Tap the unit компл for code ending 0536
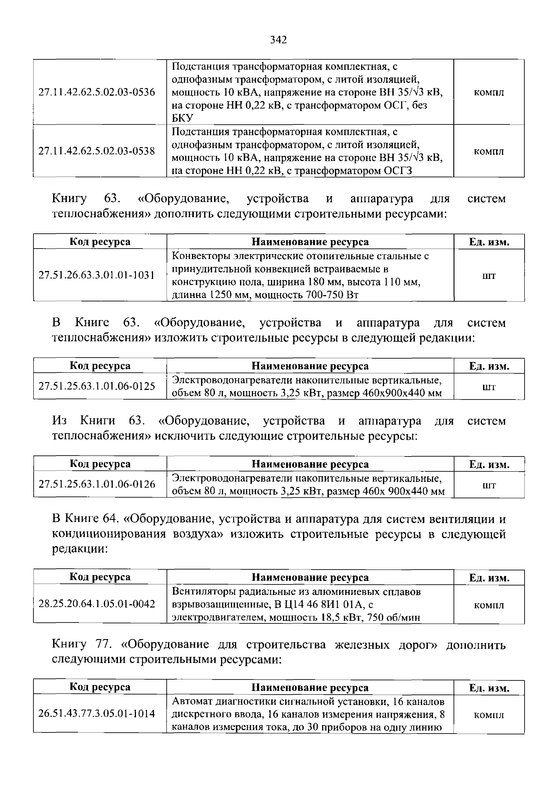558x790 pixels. (489, 92)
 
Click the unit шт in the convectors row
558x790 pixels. (489, 275)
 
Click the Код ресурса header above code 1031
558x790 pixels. (100, 242)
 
